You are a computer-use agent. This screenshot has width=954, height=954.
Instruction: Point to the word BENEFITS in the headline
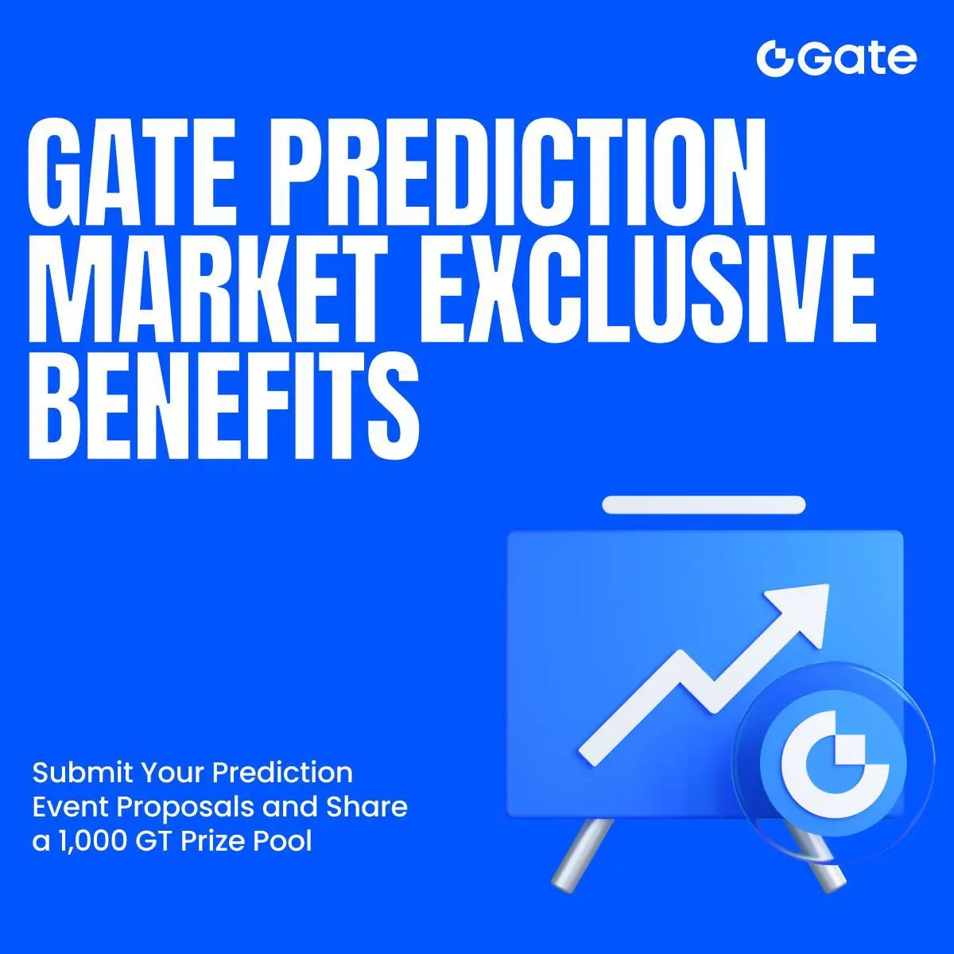click(x=223, y=402)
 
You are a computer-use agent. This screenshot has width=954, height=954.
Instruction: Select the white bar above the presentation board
click(x=704, y=505)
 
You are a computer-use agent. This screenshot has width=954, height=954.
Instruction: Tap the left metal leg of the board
click(x=582, y=855)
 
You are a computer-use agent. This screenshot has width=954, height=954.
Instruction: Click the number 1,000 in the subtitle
click(x=94, y=841)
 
